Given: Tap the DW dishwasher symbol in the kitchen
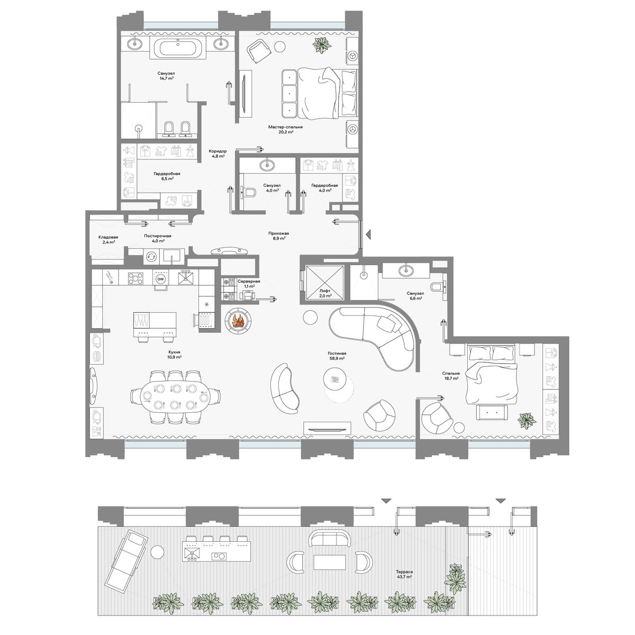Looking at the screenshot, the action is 160,279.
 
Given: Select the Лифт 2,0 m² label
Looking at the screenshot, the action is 324,294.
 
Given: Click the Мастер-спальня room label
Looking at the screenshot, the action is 285,127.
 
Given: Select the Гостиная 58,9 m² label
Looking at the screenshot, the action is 336,356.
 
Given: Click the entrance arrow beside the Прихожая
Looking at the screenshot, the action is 369,234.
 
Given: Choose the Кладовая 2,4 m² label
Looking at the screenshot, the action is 108,239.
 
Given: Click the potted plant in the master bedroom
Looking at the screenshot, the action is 322,44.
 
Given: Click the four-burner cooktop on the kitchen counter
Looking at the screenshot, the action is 136,277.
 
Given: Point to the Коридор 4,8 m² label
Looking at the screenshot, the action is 217,153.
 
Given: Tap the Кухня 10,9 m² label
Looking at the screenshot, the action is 174,354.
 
